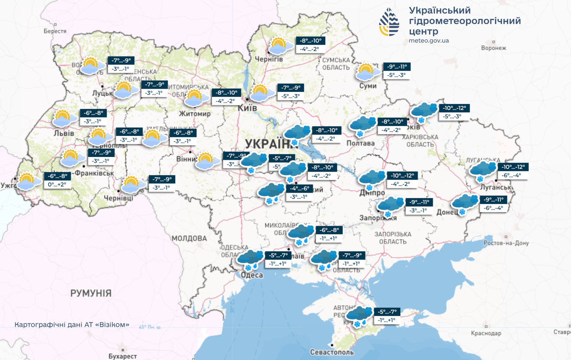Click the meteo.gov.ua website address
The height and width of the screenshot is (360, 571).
[x=428, y=41]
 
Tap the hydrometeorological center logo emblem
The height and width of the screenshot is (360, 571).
[x=389, y=22]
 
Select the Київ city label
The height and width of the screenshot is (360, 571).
[x=248, y=108]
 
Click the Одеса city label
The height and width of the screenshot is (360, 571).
[x=252, y=275]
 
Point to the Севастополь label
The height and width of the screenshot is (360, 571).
[x=332, y=352]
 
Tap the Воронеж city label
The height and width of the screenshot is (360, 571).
[x=494, y=48]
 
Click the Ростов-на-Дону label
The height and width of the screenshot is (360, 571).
[x=506, y=243]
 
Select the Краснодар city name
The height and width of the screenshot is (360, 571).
[x=485, y=333]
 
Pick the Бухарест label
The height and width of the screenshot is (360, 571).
[x=122, y=356]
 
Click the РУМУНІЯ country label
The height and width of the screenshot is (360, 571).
[x=91, y=293]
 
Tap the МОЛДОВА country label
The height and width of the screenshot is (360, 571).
[x=189, y=239]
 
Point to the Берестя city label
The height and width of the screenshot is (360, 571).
[x=55, y=31]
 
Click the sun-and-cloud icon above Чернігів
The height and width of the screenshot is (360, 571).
[x=278, y=46]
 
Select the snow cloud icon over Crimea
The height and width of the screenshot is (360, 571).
[x=359, y=316]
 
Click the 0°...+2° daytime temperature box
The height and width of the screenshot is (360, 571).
[x=57, y=185]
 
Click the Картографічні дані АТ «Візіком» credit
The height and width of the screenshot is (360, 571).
[x=72, y=325]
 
